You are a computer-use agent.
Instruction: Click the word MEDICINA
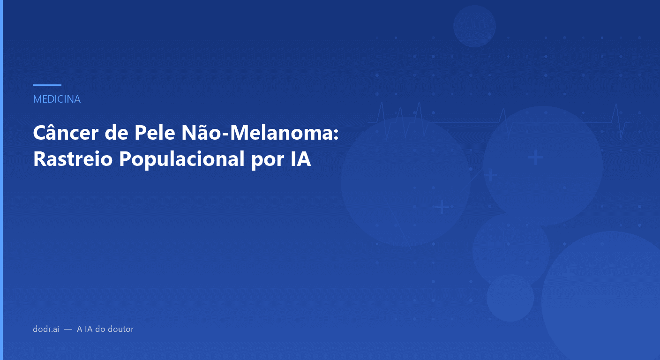pyautogui.click(x=57, y=99)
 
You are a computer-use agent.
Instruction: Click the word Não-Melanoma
pyautogui.click(x=255, y=134)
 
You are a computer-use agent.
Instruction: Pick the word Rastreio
pyautogui.click(x=73, y=159)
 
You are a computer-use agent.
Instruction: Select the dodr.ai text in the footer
pyautogui.click(x=45, y=329)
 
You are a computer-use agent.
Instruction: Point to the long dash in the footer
pyautogui.click(x=68, y=329)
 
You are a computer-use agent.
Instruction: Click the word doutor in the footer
pyautogui.click(x=120, y=329)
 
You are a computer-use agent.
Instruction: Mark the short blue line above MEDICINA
pyautogui.click(x=47, y=85)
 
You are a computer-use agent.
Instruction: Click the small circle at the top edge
pyautogui.click(x=474, y=26)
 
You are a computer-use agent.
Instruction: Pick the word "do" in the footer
pyautogui.click(x=100, y=329)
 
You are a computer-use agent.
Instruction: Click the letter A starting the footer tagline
pyautogui.click(x=80, y=329)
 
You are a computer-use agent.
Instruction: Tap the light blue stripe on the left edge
pyautogui.click(x=1, y=180)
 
